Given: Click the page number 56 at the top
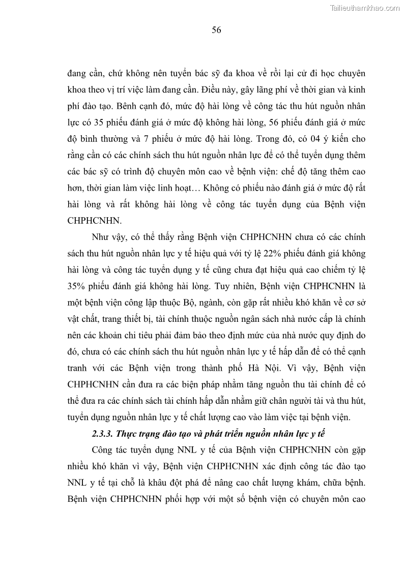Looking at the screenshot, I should [216, 30].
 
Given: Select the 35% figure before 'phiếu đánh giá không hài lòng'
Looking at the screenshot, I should [77, 286].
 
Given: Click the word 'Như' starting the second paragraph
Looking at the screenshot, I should [100, 237].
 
